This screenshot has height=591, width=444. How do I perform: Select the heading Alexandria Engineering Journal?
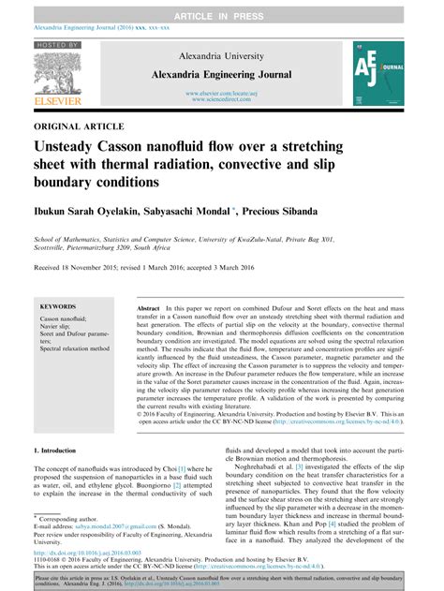pyautogui.click(x=222, y=74)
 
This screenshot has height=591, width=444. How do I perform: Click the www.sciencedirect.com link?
pyautogui.click(x=222, y=100)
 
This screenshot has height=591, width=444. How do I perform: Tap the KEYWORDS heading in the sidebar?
pyautogui.click(x=59, y=305)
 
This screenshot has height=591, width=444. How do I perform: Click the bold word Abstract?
pyautogui.click(x=148, y=307)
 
